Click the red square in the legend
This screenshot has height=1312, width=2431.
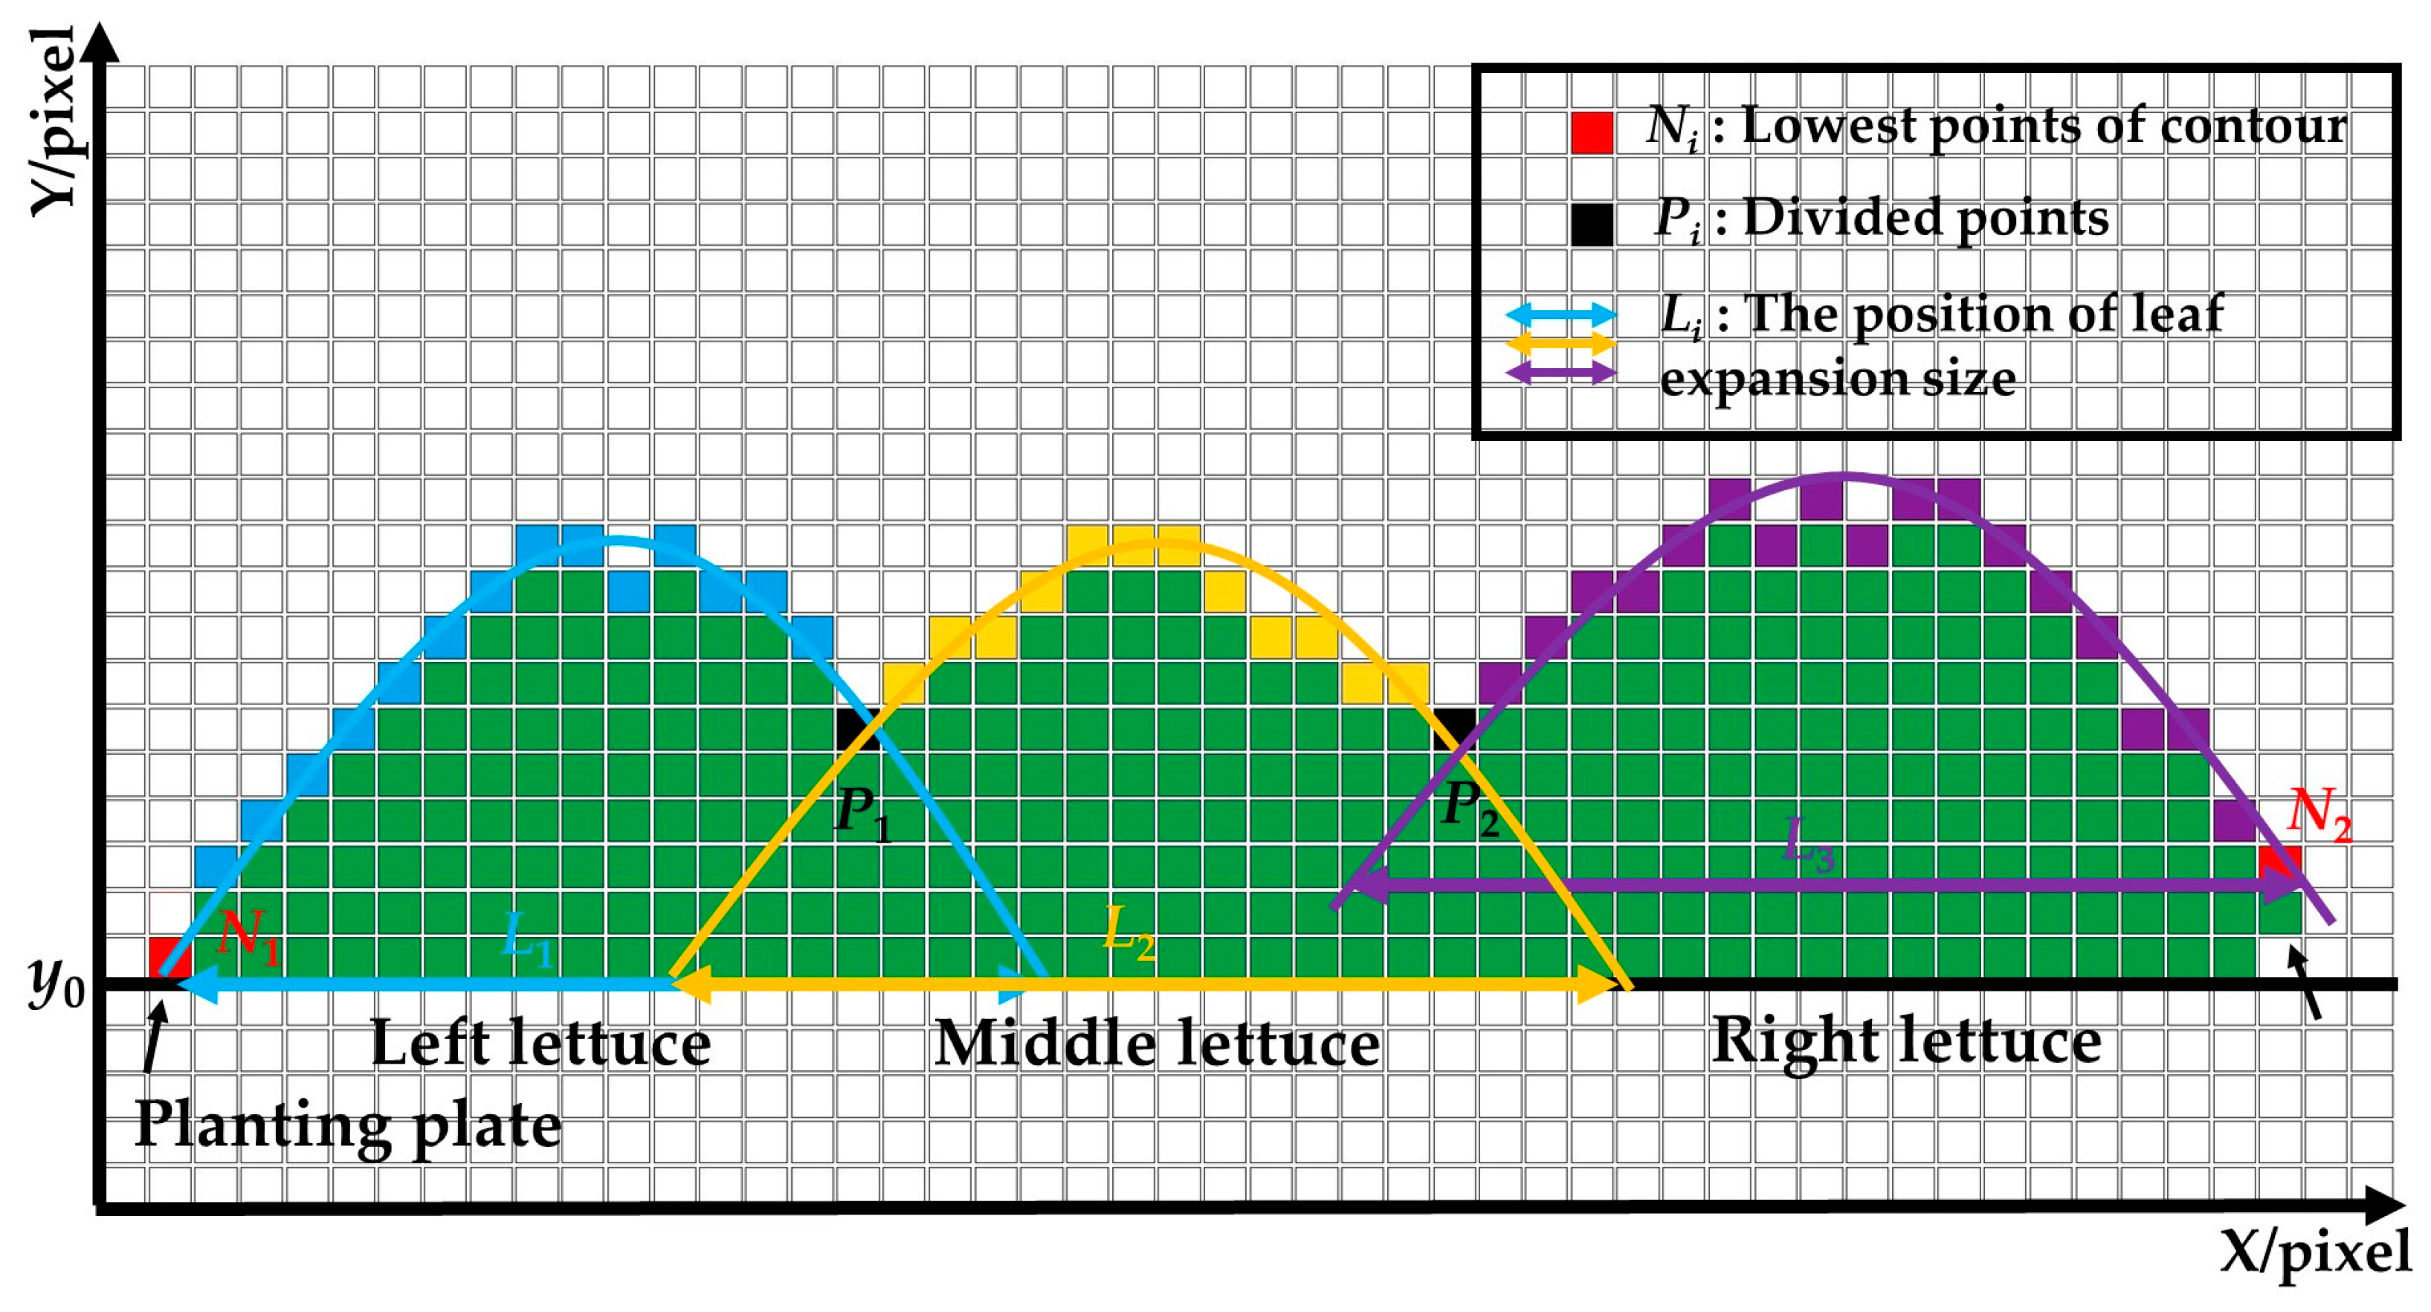pos(1592,132)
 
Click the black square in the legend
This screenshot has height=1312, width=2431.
pos(1592,225)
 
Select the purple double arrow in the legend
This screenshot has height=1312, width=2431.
pos(1561,372)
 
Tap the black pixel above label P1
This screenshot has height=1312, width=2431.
pos(857,729)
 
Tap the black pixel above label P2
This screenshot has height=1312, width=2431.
pos(1454,729)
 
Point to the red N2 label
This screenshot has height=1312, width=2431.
pos(2319,814)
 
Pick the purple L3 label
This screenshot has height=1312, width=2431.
pos(1808,843)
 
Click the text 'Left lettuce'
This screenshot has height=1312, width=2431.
pos(540,1044)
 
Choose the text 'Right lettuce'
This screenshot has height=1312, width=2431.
pos(1906,1042)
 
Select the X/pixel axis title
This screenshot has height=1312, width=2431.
pos(2314,1253)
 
